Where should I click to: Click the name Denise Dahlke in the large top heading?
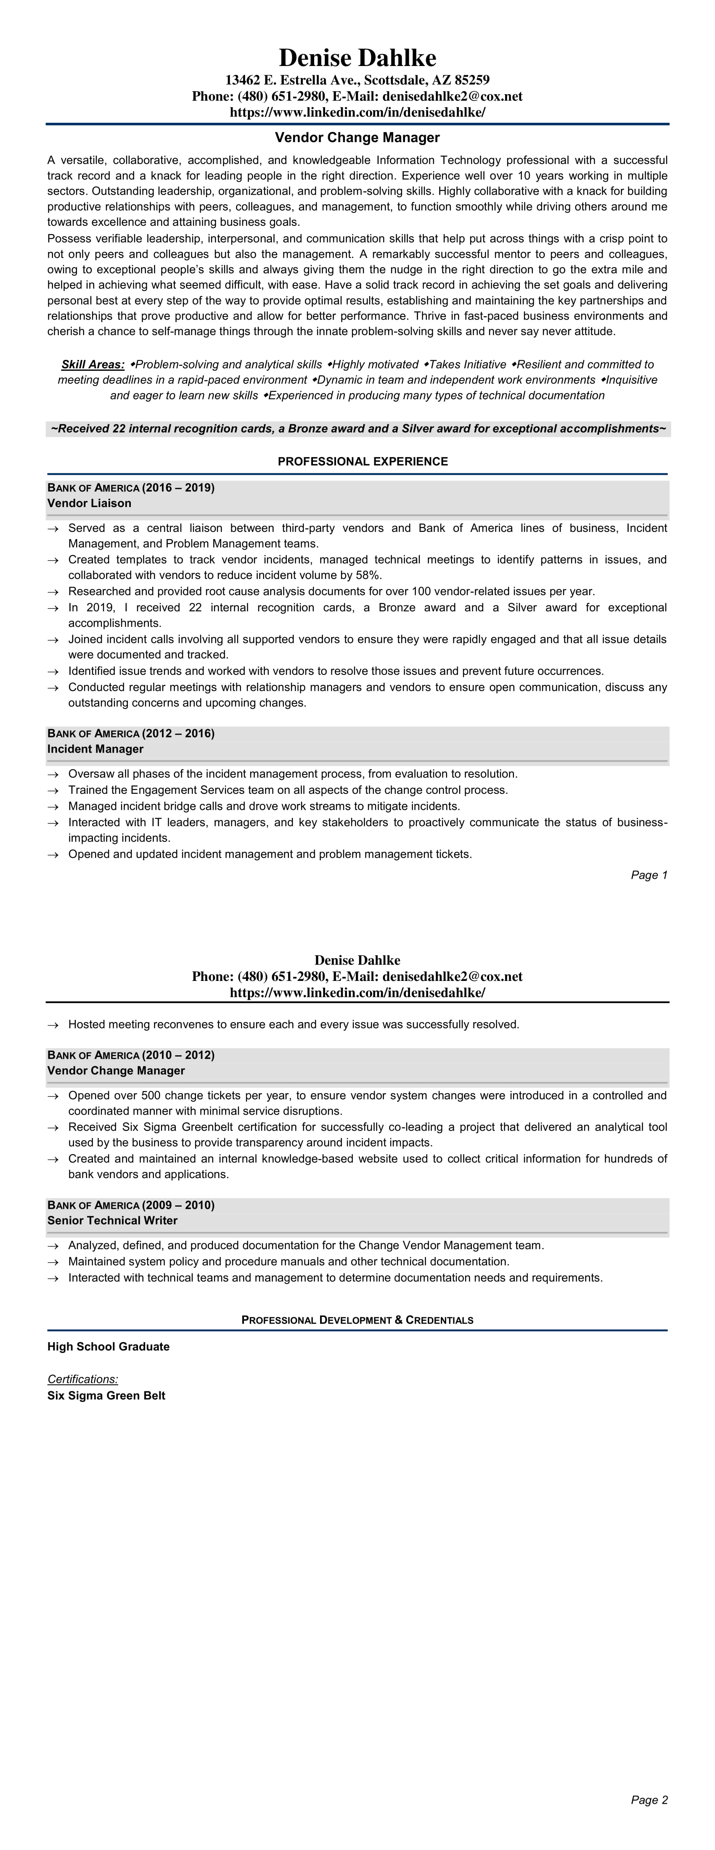(357, 58)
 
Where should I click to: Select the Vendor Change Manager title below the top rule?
(357, 137)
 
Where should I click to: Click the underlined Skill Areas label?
(93, 364)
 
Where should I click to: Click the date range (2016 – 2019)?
(178, 488)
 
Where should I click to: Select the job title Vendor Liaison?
(89, 503)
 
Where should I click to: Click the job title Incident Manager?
(95, 749)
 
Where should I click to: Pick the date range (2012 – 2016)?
(178, 733)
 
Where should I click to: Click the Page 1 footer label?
(649, 875)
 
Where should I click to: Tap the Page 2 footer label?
(649, 1800)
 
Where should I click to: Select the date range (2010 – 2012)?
(178, 1055)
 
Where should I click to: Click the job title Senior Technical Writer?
(112, 1220)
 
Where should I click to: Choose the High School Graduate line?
(109, 1347)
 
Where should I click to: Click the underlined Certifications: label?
(82, 1379)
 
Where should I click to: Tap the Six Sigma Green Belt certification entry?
(106, 1395)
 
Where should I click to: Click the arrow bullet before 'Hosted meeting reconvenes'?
(53, 1025)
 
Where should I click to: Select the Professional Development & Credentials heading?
(357, 1320)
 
